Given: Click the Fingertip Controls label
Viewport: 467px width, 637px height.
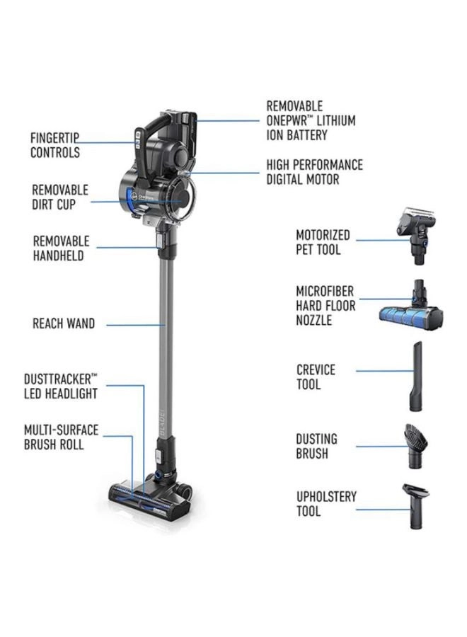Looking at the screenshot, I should (54, 145).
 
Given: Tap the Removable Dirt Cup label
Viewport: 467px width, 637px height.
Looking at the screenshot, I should (60, 197).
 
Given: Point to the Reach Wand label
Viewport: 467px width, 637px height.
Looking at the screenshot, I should (63, 324).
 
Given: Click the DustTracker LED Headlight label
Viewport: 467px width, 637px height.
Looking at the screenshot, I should (60, 386).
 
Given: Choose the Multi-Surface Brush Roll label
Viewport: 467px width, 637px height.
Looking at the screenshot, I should (61, 437).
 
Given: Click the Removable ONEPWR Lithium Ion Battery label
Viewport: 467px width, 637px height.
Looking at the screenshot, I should (311, 120).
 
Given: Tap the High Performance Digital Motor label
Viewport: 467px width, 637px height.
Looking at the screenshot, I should (314, 172).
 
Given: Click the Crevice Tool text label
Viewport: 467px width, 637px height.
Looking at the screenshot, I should (316, 377).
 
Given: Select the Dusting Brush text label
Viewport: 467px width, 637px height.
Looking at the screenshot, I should (316, 446).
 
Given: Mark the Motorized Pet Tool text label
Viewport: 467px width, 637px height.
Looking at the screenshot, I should (323, 242).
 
